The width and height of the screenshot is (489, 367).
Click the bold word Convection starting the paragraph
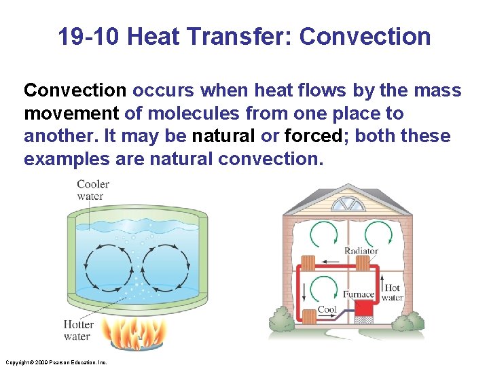click(75, 90)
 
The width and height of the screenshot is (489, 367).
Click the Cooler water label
click(92, 190)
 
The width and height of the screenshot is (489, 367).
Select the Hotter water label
click(78, 330)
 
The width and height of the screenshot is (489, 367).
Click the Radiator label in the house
click(361, 251)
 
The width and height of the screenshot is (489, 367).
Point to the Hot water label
click(392, 292)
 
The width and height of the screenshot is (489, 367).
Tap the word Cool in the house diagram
click(327, 309)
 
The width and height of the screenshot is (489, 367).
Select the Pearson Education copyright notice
click(55, 362)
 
